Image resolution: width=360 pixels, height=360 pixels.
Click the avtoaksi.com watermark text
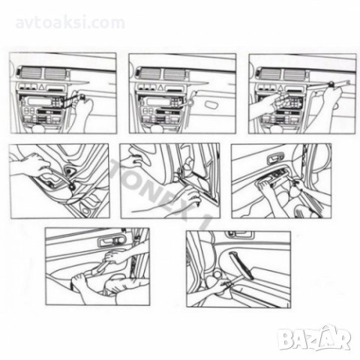tap(70, 23)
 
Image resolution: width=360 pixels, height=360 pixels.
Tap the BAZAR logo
tap(314, 338)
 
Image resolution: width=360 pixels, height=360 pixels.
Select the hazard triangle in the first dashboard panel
tap(41, 88)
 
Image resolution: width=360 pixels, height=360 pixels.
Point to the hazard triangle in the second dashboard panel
tap(160, 88)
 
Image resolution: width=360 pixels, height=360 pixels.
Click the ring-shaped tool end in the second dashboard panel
tap(190, 102)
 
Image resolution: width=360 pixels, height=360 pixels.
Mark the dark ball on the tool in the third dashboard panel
tap(331, 83)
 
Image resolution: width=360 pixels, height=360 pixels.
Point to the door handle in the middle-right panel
tap(275, 159)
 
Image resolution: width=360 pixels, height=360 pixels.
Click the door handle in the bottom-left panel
tap(112, 241)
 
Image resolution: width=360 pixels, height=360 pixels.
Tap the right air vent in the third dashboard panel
tap(294, 74)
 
